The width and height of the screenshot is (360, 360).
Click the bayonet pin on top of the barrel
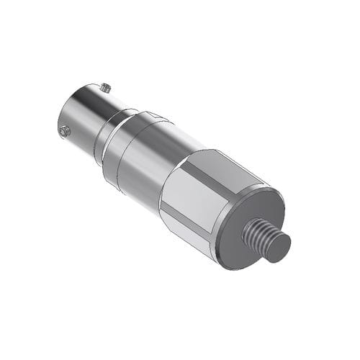pyautogui.click(x=105, y=88)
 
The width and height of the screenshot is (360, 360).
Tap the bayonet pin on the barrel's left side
pyautogui.click(x=63, y=130)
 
